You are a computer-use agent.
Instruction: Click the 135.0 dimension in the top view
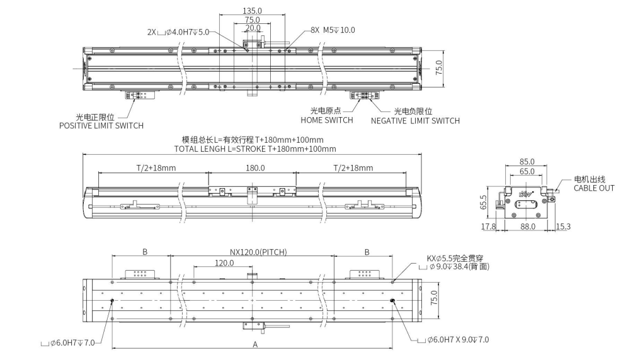(252, 11)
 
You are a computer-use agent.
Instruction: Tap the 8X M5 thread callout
(333, 30)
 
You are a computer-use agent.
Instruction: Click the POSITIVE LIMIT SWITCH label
(101, 125)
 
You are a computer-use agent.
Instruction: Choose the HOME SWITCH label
(327, 120)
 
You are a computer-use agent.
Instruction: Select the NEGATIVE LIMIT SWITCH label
(415, 120)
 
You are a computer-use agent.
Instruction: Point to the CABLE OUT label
(593, 188)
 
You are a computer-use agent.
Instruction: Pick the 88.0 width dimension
(527, 226)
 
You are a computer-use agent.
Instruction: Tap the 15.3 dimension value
(564, 226)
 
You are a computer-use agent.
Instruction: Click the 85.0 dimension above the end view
(527, 161)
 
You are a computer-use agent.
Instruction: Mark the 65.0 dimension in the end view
(527, 171)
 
